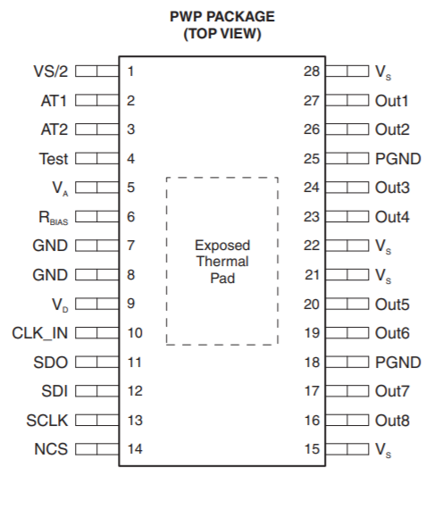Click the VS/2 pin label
[x=51, y=71]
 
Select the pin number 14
[x=135, y=449]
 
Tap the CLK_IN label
[x=40, y=333]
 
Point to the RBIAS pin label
[x=54, y=218]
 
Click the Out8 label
[x=392, y=421]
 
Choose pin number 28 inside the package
[x=312, y=71]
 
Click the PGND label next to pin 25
[x=398, y=159]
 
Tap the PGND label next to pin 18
[x=398, y=363]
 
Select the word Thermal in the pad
[x=222, y=262]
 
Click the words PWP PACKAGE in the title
[x=222, y=17]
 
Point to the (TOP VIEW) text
[x=222, y=34]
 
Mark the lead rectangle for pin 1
[x=97, y=71]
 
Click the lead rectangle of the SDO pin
[x=97, y=362]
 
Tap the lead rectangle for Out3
[x=347, y=188]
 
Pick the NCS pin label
[x=51, y=449]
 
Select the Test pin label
[x=54, y=159]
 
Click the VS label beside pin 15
[x=383, y=450]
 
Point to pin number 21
[x=312, y=275]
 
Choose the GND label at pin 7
[x=50, y=246]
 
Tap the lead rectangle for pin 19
[x=347, y=333]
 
